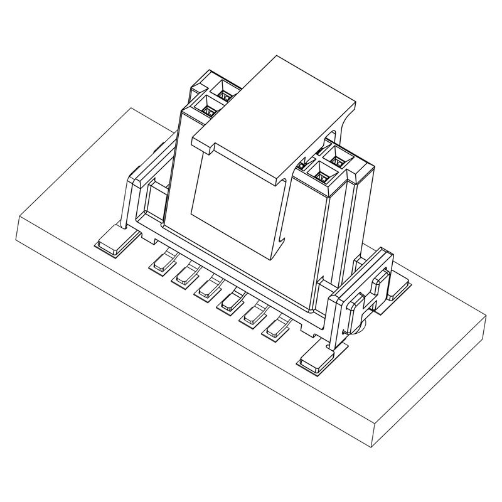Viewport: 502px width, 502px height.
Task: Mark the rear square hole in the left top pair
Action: click(x=223, y=95)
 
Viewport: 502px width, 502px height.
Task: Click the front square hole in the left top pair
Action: click(x=208, y=109)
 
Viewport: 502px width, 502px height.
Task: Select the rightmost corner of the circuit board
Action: click(x=486, y=317)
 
